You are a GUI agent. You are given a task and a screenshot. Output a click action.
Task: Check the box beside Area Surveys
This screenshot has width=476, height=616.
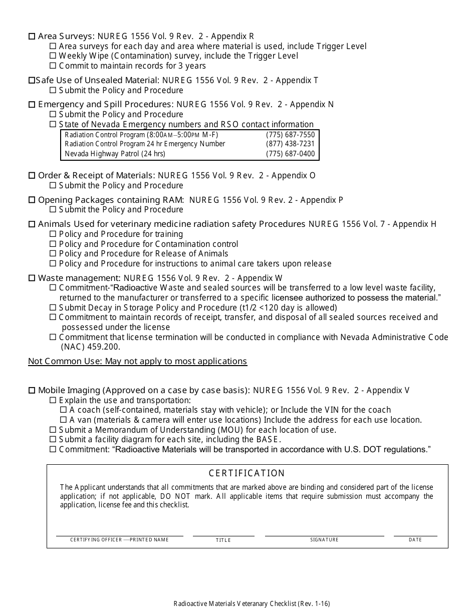pos(32,37)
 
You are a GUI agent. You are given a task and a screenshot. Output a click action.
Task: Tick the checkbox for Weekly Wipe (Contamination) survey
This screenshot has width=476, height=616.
pos(53,56)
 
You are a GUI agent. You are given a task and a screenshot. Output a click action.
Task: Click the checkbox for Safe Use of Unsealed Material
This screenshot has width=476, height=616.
pos(32,81)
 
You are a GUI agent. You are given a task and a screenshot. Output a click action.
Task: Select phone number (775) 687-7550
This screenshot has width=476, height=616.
pos(290,135)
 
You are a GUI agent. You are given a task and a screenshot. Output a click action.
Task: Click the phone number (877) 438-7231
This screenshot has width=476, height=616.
pos(290,144)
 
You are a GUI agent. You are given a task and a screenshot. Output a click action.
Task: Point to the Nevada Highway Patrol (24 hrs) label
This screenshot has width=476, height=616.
pos(115,154)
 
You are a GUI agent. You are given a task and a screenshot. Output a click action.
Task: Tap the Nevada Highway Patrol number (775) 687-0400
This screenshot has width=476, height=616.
pos(290,154)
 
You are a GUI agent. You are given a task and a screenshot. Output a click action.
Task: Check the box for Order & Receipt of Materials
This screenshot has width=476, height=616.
pos(32,176)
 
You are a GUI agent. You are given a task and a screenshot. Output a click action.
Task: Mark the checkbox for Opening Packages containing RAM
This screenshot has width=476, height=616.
pos(32,200)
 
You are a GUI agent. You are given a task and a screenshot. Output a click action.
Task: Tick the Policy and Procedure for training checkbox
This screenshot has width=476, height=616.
pos(53,234)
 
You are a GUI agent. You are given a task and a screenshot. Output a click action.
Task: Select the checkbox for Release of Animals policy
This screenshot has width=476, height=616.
pos(53,254)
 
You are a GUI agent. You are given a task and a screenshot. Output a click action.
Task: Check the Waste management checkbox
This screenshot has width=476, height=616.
pos(32,278)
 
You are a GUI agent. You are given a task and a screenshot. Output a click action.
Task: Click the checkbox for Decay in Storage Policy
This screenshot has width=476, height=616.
pos(53,308)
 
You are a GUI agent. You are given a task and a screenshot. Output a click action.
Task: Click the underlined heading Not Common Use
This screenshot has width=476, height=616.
pos(137,362)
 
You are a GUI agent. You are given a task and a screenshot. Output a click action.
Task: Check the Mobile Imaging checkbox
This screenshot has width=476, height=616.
pos(32,391)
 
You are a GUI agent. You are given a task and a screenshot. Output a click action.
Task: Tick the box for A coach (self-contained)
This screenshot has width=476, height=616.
pos(64,410)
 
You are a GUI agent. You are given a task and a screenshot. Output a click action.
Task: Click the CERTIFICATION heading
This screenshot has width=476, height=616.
pos(247,473)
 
